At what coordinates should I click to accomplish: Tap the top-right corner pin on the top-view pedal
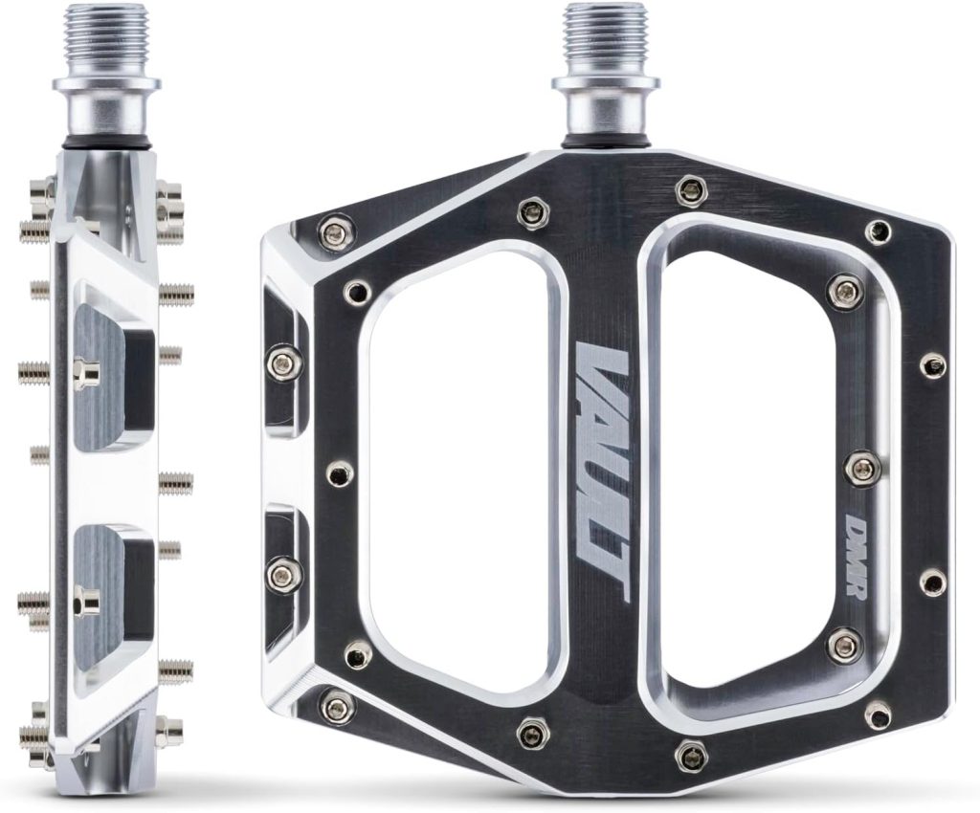click(x=877, y=231)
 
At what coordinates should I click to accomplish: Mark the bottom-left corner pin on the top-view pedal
click(x=336, y=706)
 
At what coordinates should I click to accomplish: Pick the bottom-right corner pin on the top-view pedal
click(x=877, y=713)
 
